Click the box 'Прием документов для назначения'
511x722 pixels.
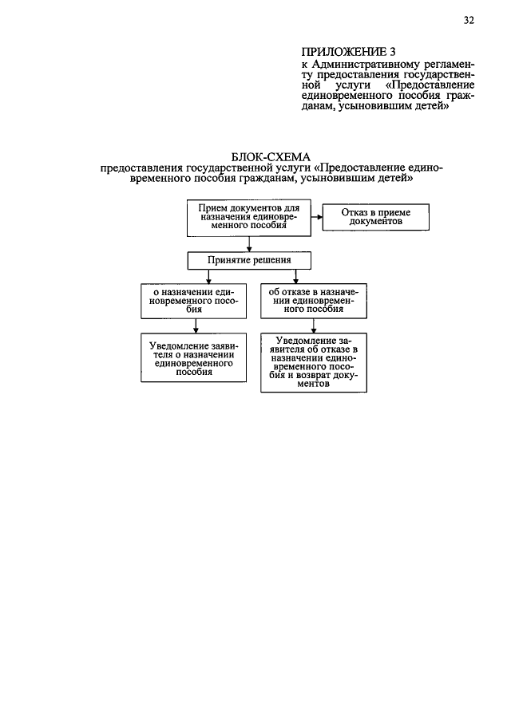pyautogui.click(x=249, y=217)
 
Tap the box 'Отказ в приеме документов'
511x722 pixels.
pyautogui.click(x=375, y=217)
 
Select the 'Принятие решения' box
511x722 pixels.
pyautogui.click(x=249, y=260)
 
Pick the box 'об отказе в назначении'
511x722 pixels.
pyautogui.click(x=314, y=302)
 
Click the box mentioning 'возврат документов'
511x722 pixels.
pyautogui.click(x=314, y=362)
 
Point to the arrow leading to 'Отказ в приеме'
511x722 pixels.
pyautogui.click(x=316, y=216)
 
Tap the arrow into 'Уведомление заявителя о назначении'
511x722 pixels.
pyautogui.click(x=196, y=327)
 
